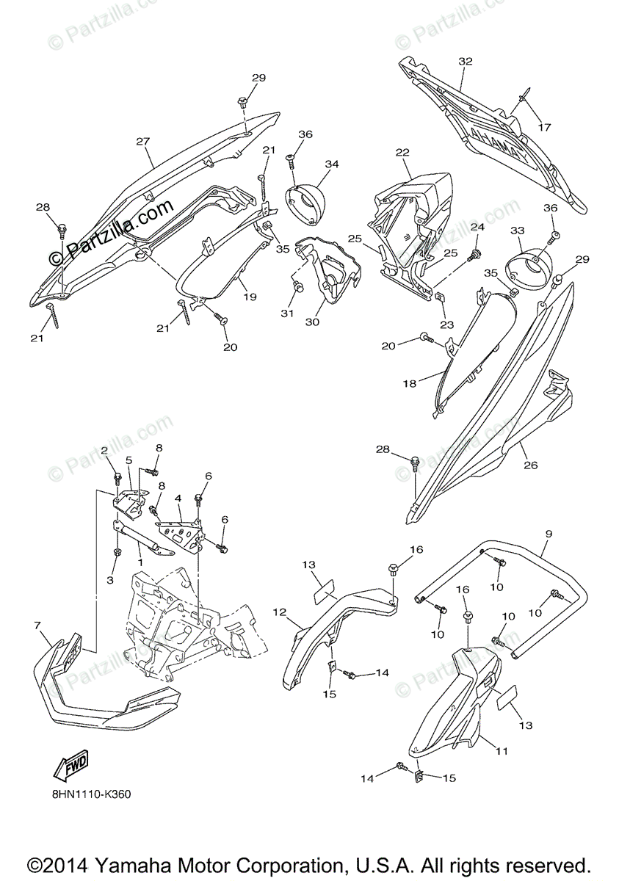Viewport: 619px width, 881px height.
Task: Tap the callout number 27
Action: click(x=142, y=141)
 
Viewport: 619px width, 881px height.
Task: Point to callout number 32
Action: click(x=465, y=62)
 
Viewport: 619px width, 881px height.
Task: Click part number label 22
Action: click(x=402, y=152)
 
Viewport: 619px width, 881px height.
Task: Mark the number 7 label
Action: click(x=37, y=625)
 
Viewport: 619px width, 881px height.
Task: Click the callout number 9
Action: click(x=549, y=534)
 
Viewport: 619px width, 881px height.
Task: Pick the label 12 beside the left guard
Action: click(x=280, y=612)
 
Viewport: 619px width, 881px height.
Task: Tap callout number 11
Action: click(x=502, y=750)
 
